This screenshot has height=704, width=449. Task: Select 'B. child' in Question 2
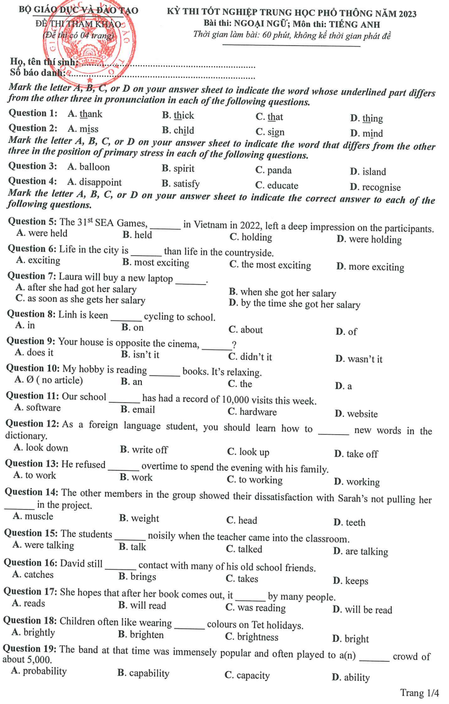(178, 131)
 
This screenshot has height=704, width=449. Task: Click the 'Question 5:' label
(32, 221)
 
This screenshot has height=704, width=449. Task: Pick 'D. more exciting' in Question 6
(370, 267)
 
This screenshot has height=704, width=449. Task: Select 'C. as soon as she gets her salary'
(80, 300)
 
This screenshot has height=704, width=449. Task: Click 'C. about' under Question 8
(245, 330)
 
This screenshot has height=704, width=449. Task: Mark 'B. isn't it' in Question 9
(140, 354)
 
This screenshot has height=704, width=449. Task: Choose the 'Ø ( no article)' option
(49, 380)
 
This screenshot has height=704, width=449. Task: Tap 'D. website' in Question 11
(356, 414)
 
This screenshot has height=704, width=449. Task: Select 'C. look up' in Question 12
(248, 452)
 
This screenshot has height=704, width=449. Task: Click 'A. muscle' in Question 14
(33, 516)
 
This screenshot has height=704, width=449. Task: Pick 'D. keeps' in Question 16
(350, 581)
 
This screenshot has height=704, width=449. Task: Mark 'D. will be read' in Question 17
(362, 610)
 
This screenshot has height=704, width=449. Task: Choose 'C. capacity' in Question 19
(247, 676)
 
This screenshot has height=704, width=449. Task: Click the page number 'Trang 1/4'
(420, 693)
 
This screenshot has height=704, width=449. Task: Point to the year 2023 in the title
(408, 14)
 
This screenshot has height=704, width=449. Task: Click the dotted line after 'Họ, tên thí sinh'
(167, 65)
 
